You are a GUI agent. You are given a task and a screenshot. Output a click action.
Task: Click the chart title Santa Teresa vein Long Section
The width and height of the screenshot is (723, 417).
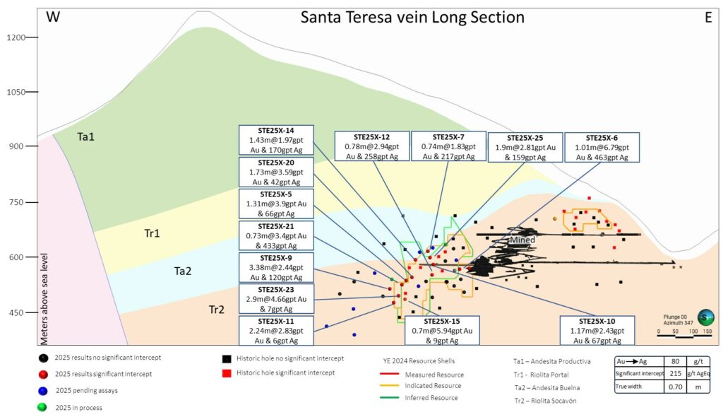pos(412,17)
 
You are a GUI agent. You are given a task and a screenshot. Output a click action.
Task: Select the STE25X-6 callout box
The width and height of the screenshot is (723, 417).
pos(602,147)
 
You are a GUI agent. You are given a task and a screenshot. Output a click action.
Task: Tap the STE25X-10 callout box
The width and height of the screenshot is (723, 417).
pos(597,330)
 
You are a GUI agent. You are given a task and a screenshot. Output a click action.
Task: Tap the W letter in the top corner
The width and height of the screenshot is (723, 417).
pos(54,18)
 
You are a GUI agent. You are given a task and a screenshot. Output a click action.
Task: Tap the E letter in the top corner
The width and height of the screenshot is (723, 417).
pos(707,18)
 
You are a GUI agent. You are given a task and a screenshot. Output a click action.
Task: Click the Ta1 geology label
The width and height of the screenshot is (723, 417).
pos(85,136)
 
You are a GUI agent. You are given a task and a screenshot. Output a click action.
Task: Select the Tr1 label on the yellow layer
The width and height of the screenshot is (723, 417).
pos(152,233)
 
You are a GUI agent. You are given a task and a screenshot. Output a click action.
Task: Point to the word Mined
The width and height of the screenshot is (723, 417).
pos(523,240)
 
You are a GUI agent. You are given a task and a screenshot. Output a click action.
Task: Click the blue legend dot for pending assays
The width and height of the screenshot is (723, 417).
pos(44,389)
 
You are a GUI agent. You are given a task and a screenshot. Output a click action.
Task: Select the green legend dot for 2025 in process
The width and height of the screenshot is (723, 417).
pos(44,406)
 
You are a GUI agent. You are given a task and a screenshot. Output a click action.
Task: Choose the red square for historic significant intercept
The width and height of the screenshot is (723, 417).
pos(227,372)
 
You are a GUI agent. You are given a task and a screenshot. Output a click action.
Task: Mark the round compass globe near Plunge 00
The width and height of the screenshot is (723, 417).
pos(705,318)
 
